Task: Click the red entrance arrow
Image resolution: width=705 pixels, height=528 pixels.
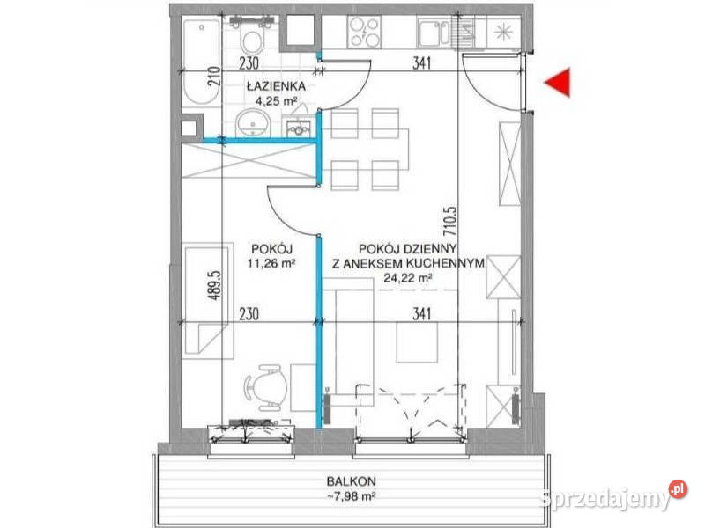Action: point(560,82)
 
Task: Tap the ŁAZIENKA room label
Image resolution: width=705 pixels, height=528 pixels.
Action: point(276,85)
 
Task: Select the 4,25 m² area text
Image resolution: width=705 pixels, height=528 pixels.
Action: point(277,100)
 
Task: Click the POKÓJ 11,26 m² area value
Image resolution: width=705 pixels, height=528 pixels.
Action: point(271,263)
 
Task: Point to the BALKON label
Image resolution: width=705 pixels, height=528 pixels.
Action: point(351,480)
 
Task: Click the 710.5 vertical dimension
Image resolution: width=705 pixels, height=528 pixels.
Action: point(450,221)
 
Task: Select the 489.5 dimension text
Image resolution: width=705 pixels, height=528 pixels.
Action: point(216,285)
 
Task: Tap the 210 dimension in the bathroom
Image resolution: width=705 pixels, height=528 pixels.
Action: point(215,77)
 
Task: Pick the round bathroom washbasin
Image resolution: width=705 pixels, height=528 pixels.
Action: point(253,122)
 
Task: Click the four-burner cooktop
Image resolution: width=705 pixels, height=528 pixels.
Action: point(365,32)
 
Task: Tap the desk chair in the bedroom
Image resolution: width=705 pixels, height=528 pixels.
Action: point(266,386)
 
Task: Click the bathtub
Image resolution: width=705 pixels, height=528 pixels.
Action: point(201,62)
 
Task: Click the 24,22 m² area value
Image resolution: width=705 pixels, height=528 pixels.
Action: point(408,278)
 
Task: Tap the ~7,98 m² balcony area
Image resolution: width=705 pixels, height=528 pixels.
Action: point(352,496)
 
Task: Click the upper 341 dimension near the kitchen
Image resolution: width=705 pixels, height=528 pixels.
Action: point(421,63)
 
